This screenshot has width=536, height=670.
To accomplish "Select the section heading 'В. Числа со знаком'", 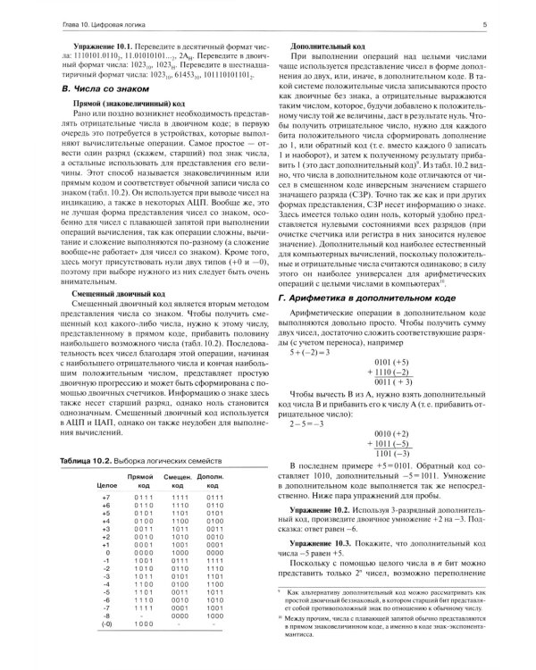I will tap(87, 90).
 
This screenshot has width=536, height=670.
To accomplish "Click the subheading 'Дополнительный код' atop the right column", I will tap(323, 44).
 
